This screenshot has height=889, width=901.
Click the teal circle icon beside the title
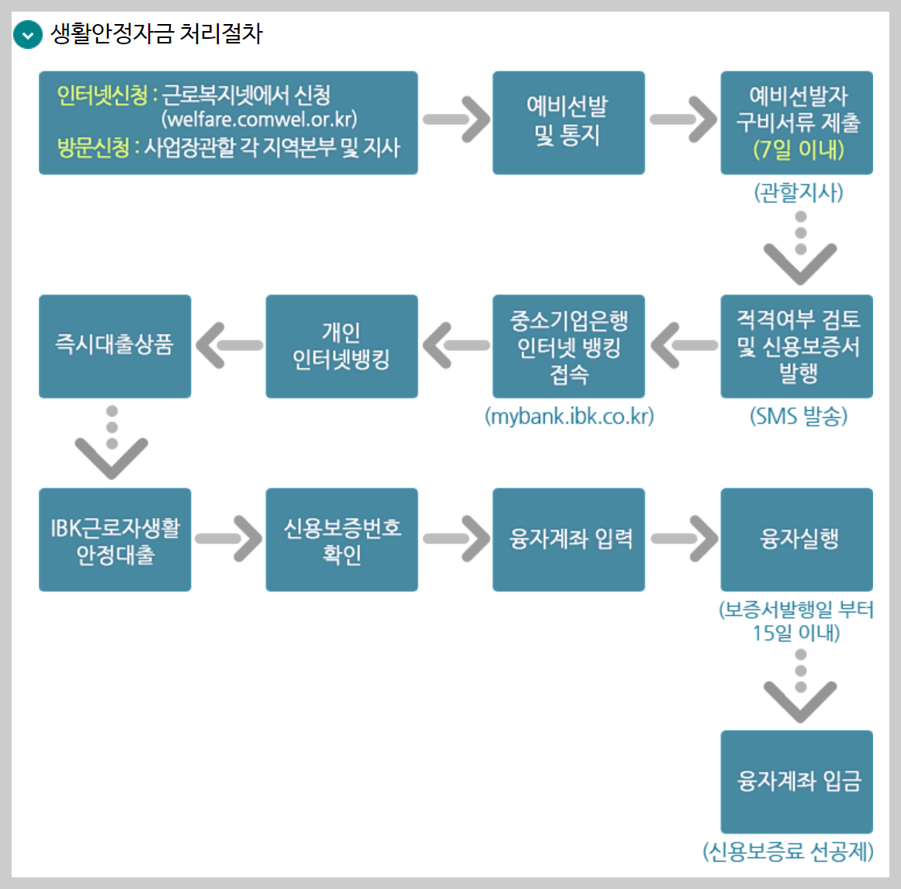(27, 35)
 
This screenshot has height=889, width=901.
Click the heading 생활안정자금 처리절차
(157, 33)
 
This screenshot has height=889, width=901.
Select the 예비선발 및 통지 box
(568, 122)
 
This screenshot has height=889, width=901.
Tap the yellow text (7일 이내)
(798, 149)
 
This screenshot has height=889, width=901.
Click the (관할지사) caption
(798, 192)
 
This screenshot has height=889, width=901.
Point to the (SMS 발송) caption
(798, 417)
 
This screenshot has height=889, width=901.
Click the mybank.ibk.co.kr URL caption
(569, 416)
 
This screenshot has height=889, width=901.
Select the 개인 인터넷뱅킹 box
(341, 346)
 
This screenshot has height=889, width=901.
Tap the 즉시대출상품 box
(115, 346)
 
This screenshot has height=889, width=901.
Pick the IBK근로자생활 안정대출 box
(115, 540)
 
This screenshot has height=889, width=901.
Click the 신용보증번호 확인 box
(341, 540)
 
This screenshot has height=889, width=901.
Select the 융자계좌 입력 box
(568, 540)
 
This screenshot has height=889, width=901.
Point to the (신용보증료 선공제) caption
(788, 852)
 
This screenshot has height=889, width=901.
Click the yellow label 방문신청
(93, 148)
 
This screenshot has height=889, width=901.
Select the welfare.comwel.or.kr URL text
(259, 120)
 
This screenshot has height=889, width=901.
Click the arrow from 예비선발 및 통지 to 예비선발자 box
(683, 120)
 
